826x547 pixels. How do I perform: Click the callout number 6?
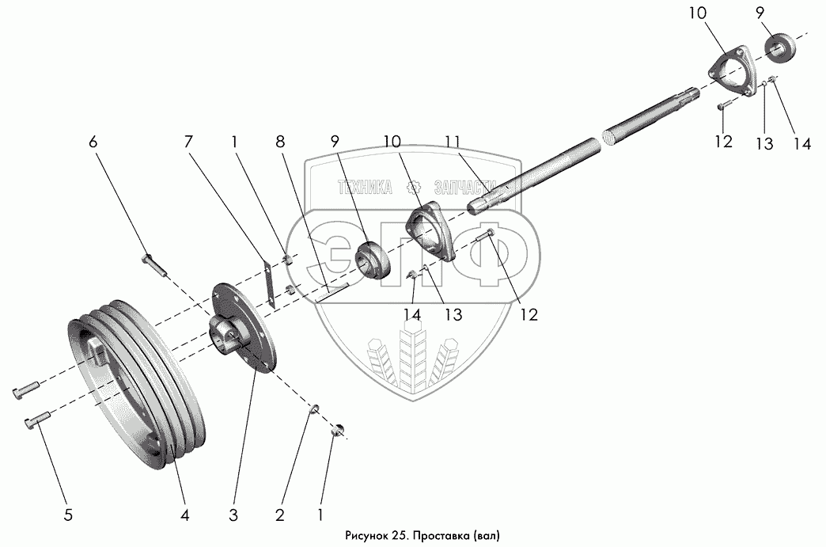[93, 142]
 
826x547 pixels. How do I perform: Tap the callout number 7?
[188, 142]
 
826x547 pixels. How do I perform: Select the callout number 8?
[281, 142]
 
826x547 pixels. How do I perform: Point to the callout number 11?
[452, 142]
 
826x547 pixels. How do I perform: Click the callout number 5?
[68, 515]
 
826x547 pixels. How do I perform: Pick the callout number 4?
[184, 515]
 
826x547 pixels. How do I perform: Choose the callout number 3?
[233, 515]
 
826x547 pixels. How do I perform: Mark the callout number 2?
[279, 515]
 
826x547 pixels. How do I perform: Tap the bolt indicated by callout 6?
[154, 264]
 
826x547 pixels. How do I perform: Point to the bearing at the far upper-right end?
[782, 46]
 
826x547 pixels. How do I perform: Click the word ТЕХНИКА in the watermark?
[365, 188]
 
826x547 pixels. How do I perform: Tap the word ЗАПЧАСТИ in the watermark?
[467, 188]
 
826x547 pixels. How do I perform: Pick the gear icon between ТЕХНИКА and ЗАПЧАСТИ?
[412, 188]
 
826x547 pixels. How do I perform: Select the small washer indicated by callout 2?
[313, 408]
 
